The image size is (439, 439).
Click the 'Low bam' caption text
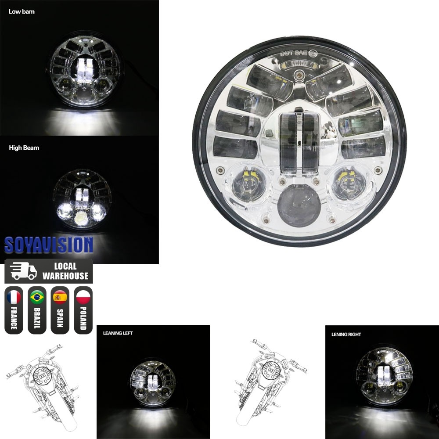(x=22, y=11)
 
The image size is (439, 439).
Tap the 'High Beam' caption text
(x=24, y=148)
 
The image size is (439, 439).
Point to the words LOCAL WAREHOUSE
(x=65, y=271)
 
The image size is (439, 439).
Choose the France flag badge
(x=14, y=310)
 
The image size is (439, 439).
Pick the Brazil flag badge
(x=37, y=310)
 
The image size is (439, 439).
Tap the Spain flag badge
(x=60, y=310)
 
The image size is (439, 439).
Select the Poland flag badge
(x=83, y=310)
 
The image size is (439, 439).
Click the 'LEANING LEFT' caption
(x=118, y=333)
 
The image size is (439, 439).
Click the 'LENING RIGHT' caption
(x=346, y=335)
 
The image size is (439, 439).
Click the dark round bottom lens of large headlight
(x=299, y=206)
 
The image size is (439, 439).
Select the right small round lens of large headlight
(x=350, y=183)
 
